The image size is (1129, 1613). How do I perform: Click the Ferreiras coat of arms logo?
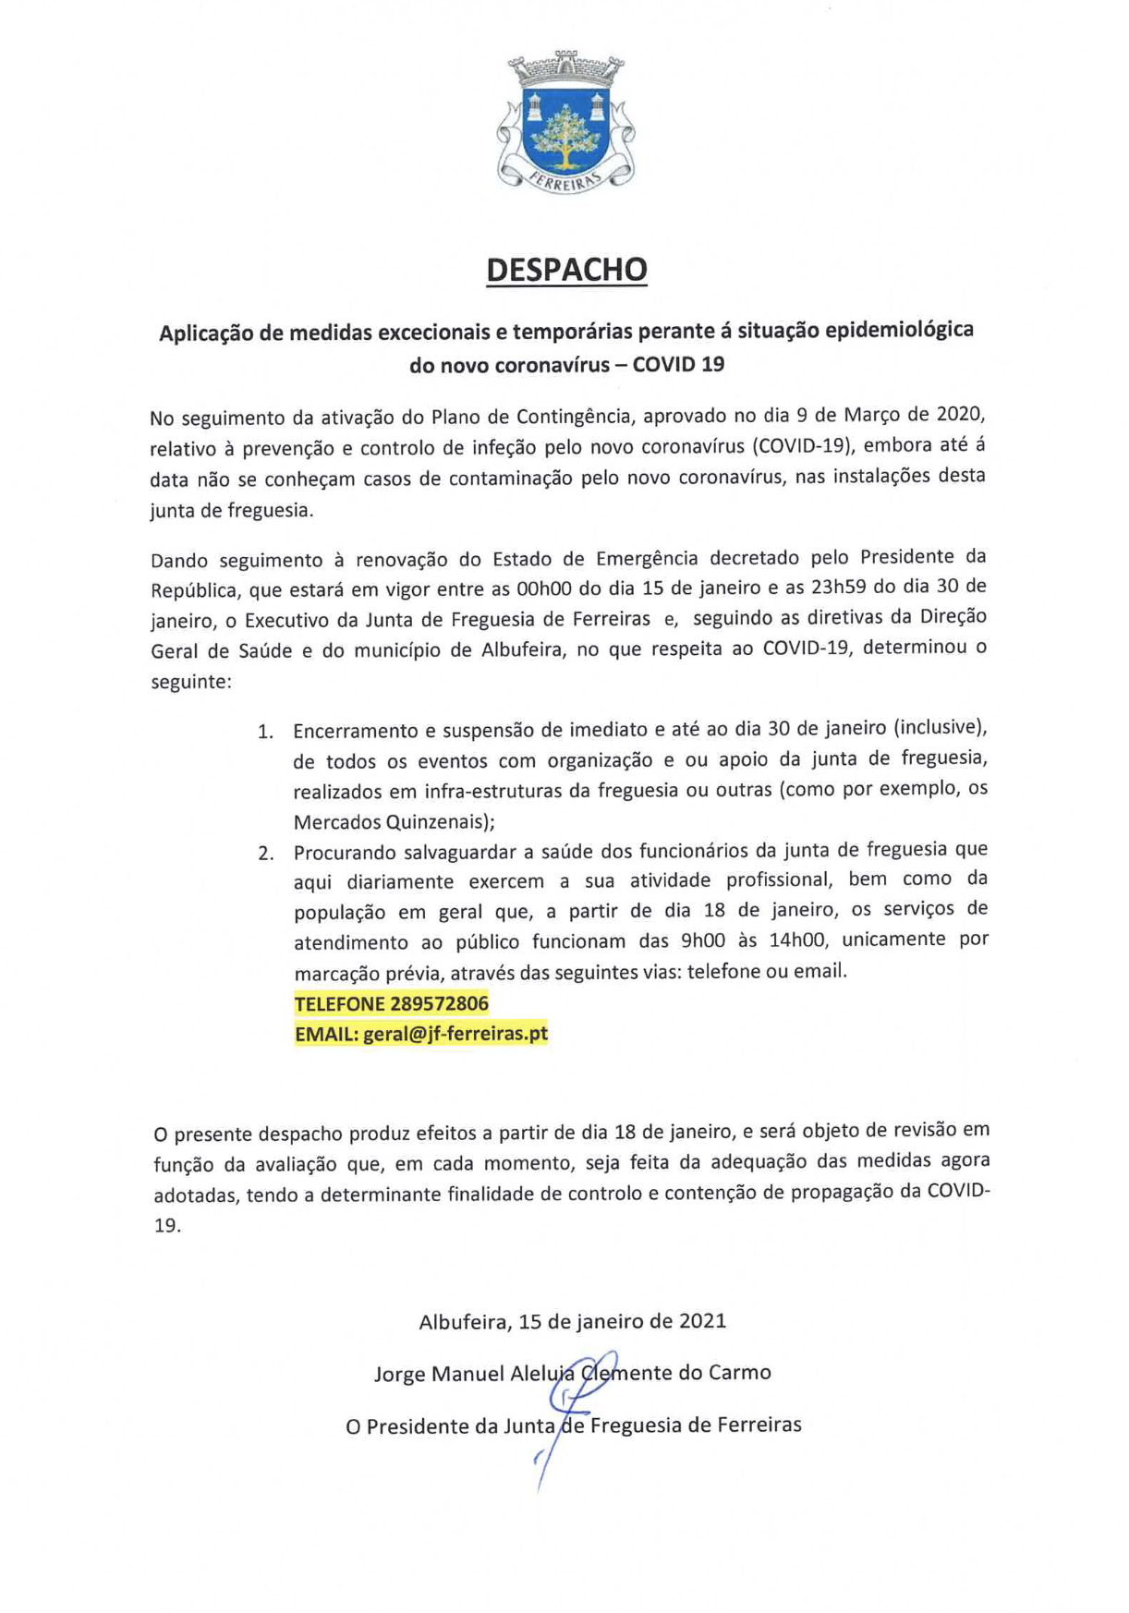point(565,122)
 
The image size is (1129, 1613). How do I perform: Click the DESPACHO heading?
point(566,270)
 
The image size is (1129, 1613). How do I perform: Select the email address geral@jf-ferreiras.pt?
point(455,1033)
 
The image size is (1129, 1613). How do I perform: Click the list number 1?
point(265,732)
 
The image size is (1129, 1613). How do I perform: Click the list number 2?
point(265,853)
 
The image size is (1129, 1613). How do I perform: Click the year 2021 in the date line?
point(702,1320)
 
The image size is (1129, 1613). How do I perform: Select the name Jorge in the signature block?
point(399,1374)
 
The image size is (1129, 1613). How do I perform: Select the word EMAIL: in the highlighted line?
point(326,1033)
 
